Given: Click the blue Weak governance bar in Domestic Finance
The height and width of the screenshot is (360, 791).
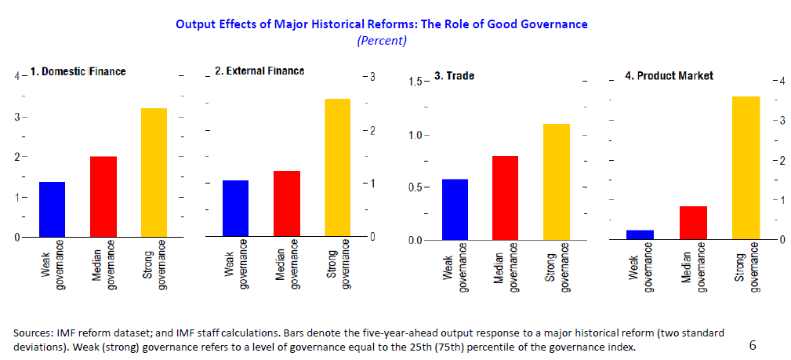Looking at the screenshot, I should pos(52,209).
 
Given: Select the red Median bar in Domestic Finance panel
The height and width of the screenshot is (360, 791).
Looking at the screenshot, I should pos(103,197).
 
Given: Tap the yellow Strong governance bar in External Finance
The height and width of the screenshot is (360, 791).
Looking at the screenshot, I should pos(337,168).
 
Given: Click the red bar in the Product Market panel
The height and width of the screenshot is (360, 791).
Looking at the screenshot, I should pos(693,223).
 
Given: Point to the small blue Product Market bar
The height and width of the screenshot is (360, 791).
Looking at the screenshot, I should pos(640,235).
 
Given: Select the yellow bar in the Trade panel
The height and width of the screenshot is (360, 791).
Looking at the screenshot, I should pos(556,182).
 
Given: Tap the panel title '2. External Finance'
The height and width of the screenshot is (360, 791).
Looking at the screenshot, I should pos(259,71).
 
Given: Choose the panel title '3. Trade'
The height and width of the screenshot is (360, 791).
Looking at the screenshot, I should pos(454,77).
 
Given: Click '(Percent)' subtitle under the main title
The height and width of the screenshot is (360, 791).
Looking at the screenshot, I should pos(381,40).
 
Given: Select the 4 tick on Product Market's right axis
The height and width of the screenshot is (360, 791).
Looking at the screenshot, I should pos(778,81).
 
